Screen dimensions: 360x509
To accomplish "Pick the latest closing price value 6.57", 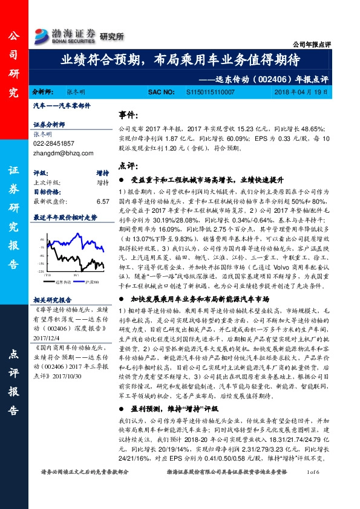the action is pyautogui.click(x=102, y=201).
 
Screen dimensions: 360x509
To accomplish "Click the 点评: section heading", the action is pyautogui.click(x=127, y=166).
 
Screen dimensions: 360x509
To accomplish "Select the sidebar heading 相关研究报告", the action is pyautogui.click(x=53, y=299).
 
